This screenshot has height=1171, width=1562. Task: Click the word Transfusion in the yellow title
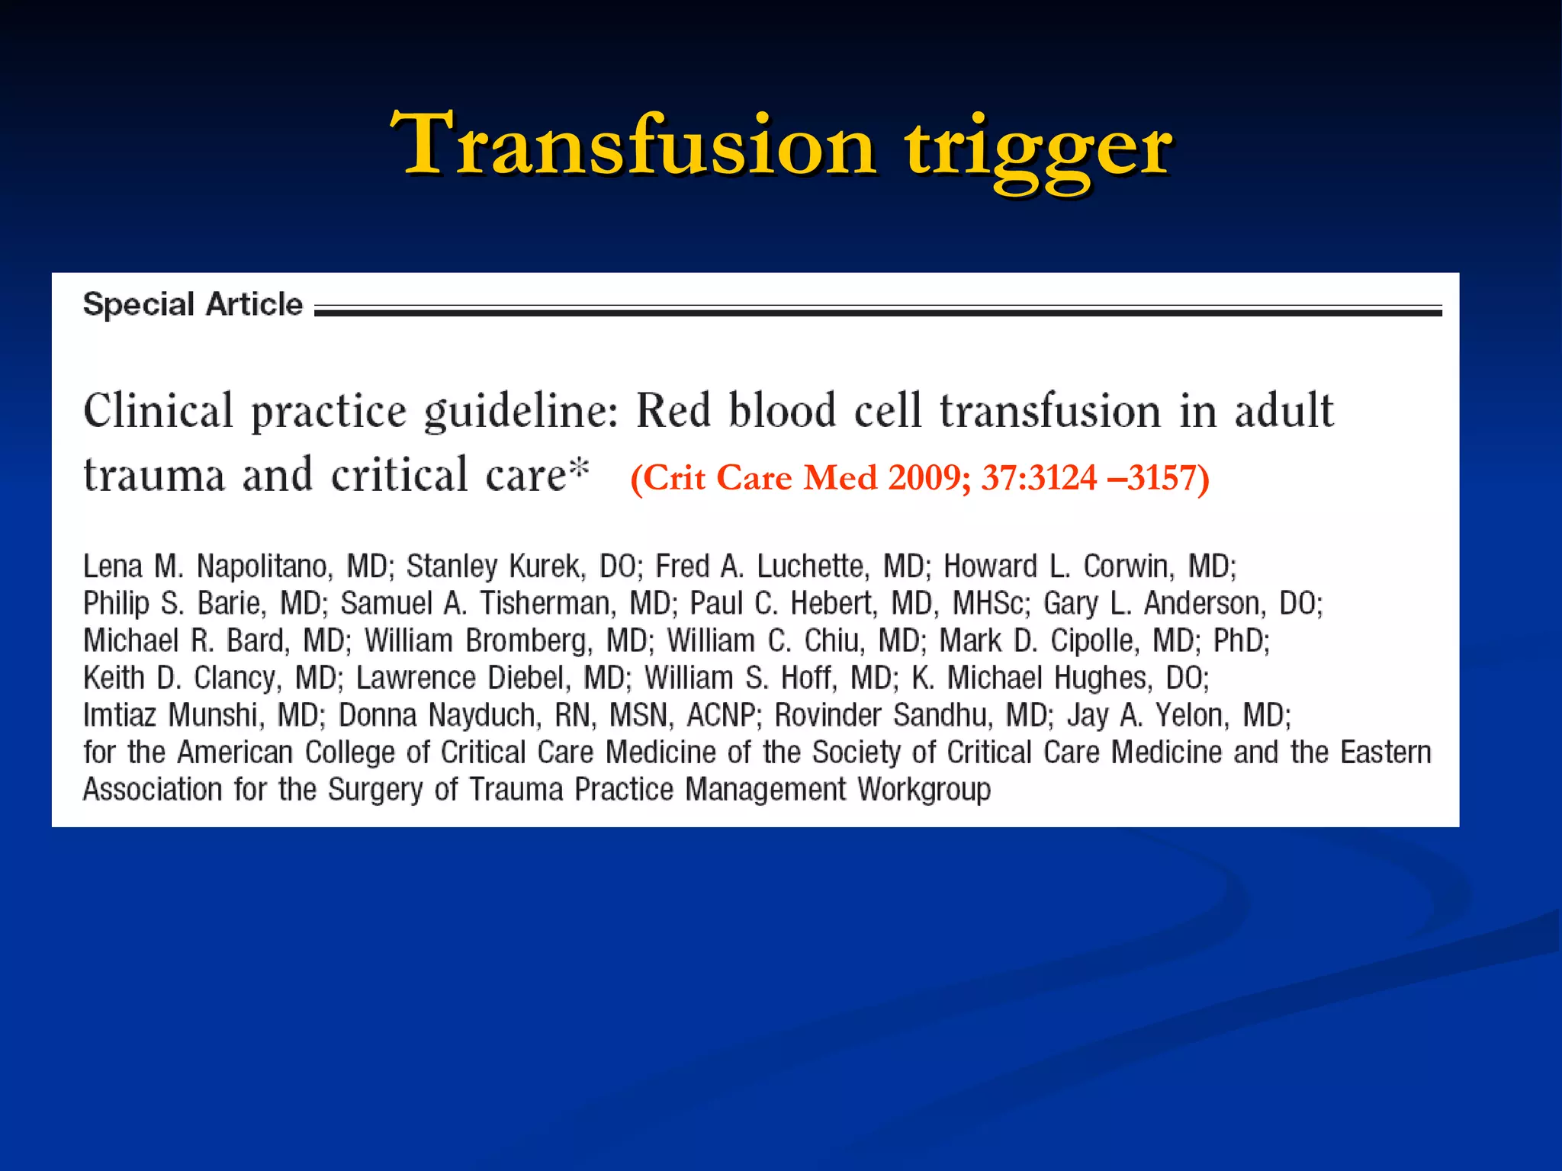coord(633,145)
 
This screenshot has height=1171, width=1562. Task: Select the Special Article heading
coord(193,304)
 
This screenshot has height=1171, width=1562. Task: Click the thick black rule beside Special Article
coord(877,312)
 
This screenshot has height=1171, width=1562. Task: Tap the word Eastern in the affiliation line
coord(1385,752)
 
